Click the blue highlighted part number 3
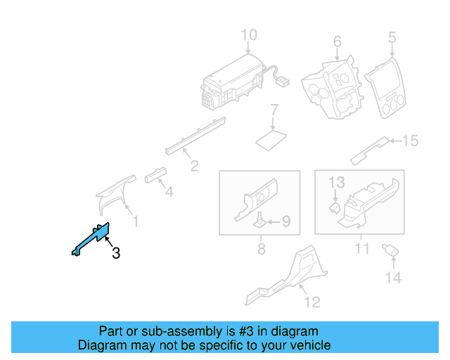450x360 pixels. point(92,239)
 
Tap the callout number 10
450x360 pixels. point(250,35)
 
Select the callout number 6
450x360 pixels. point(337,41)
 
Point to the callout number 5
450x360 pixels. point(392,37)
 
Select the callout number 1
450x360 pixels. point(136,222)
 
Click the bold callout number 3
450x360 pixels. point(116,253)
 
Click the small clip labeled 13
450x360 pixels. point(335,207)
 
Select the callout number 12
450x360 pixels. point(311,302)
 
